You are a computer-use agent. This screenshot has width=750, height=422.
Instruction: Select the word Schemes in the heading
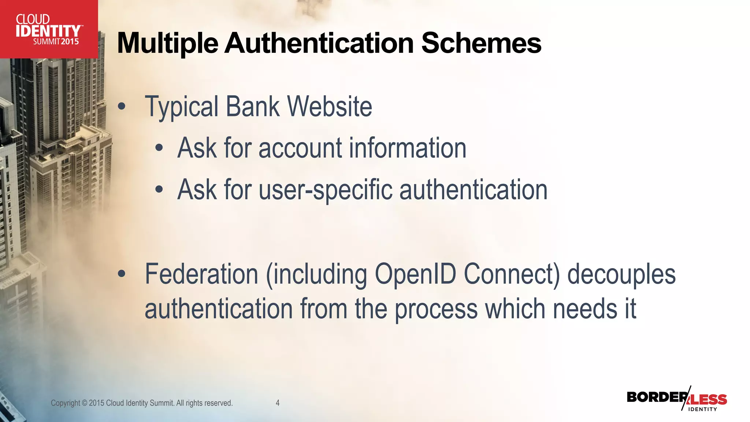[481, 43]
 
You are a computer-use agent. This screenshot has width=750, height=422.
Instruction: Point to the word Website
[330, 107]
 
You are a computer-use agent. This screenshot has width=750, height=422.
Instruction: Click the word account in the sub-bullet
[300, 148]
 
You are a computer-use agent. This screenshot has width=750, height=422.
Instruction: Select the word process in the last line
[436, 309]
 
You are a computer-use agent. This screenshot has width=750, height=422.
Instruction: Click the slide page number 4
[278, 403]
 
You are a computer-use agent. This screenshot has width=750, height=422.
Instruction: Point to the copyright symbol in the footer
[85, 403]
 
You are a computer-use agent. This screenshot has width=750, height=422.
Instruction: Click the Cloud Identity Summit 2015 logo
[49, 29]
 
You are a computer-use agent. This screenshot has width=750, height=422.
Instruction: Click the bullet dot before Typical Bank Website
[122, 107]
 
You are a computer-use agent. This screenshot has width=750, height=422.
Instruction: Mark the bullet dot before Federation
[122, 274]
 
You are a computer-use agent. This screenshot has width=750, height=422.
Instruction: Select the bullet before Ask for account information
[159, 148]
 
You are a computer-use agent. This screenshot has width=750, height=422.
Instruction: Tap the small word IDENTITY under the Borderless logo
[702, 409]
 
